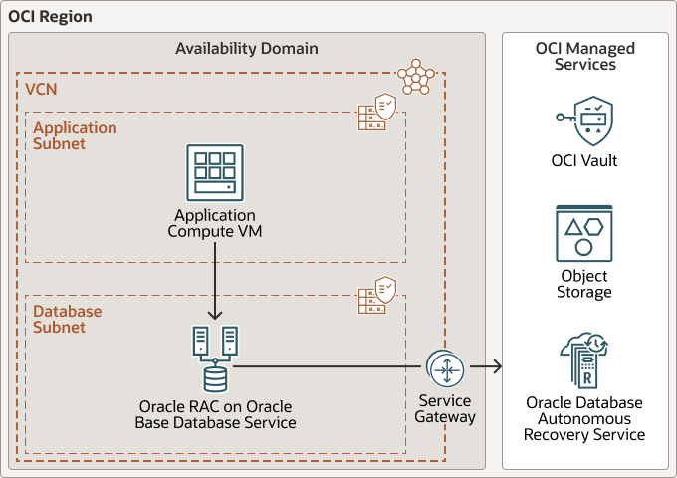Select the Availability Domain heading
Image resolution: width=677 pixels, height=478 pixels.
pos(247,48)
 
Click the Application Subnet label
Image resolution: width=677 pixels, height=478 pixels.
pos(75,135)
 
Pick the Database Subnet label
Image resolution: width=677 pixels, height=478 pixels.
pos(68,319)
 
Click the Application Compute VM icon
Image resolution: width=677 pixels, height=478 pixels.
pos(215,172)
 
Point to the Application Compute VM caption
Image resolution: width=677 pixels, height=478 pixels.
pos(215,224)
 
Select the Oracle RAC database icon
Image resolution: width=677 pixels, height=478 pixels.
pos(215,358)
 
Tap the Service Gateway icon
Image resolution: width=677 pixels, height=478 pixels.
pos(444,367)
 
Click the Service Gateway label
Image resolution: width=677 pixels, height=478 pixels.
pos(444,409)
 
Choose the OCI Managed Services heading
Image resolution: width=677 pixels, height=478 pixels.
pos(584,56)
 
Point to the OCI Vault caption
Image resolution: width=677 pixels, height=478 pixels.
pos(584,160)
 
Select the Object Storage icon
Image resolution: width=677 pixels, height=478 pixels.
pos(584,233)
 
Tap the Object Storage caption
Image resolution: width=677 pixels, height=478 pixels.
pos(584,284)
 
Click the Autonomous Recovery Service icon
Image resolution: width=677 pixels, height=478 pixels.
pos(584,359)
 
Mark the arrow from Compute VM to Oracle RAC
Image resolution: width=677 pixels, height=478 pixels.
pos(215,284)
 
